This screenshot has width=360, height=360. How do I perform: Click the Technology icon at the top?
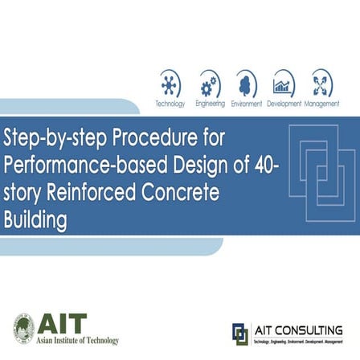(x=170, y=84)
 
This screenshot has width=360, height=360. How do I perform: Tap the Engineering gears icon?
(x=210, y=84)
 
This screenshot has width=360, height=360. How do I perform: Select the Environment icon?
(x=247, y=84)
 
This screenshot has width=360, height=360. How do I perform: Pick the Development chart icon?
(x=284, y=84)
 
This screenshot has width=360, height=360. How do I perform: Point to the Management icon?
(x=321, y=84)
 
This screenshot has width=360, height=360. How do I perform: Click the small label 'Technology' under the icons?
(x=170, y=104)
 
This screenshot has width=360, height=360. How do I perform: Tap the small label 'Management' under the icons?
(x=321, y=104)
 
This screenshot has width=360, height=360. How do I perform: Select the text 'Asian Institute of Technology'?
(x=77, y=341)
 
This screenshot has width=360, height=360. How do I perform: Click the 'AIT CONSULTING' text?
(x=298, y=329)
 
